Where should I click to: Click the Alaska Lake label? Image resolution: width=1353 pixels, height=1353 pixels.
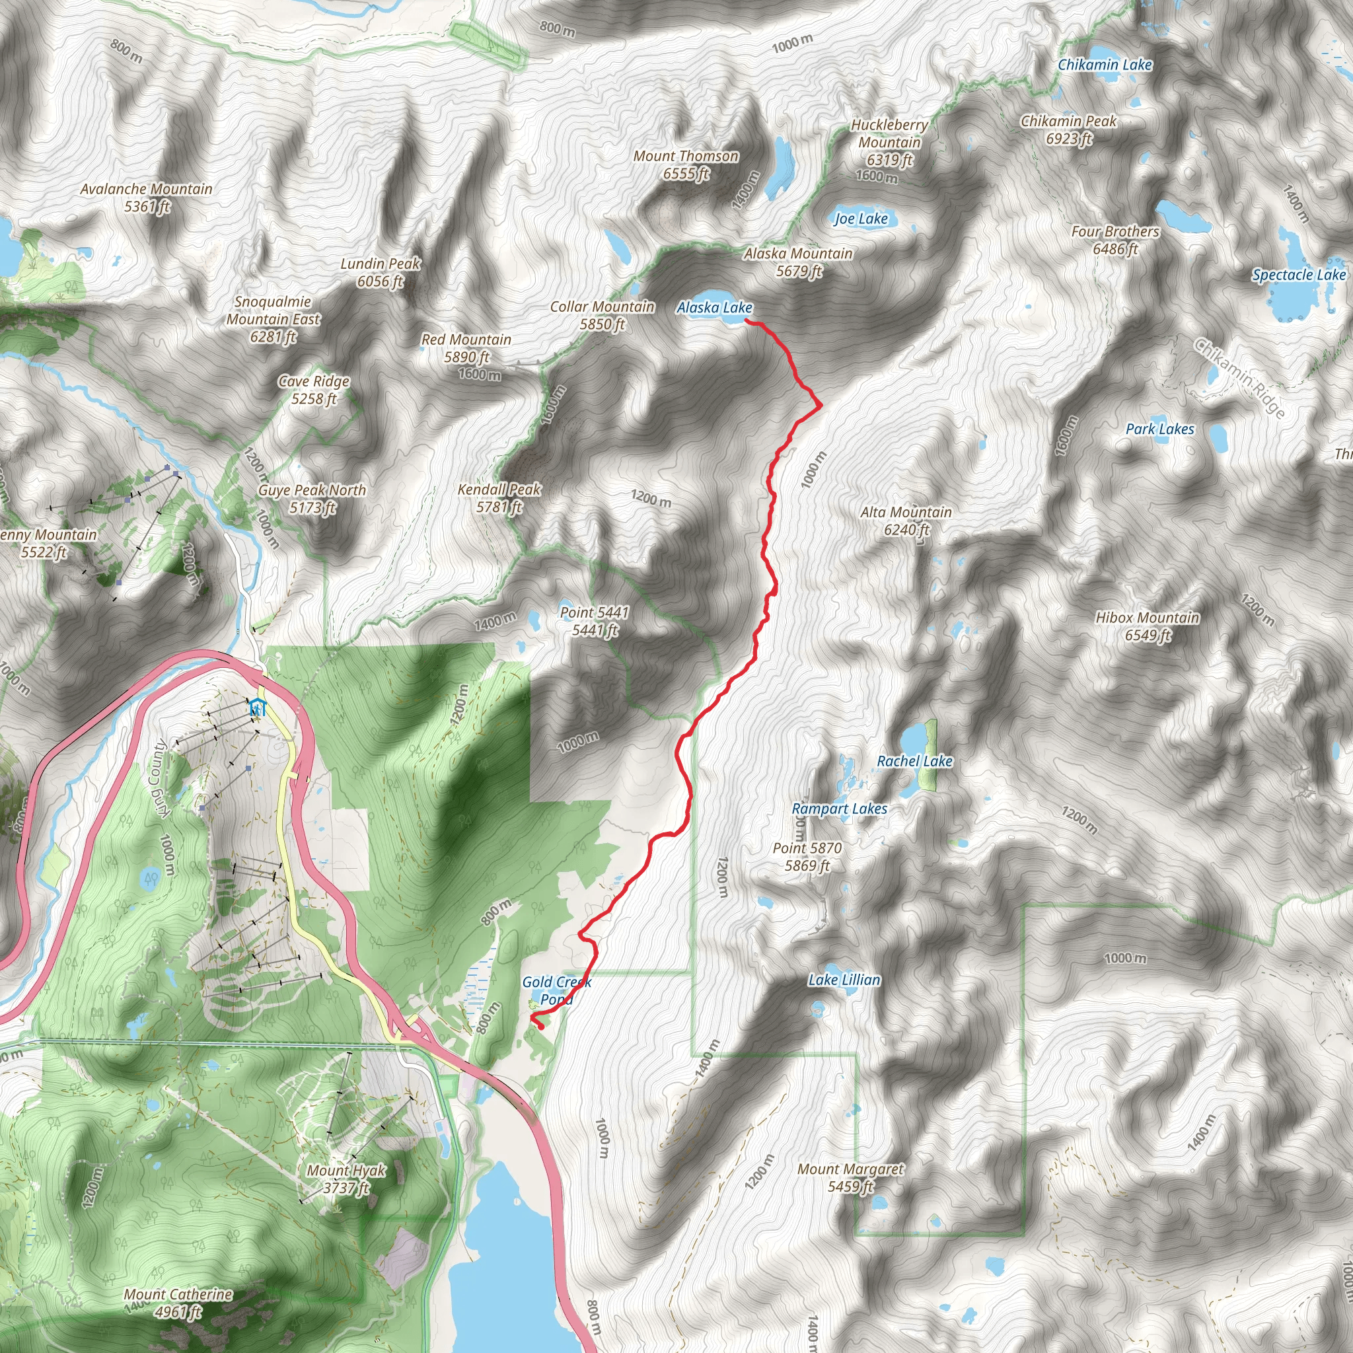click(x=713, y=307)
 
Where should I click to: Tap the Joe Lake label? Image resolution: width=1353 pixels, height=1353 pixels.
click(x=861, y=219)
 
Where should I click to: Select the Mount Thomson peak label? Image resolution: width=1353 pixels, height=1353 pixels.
click(x=686, y=165)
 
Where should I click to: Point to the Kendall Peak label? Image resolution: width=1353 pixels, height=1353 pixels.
click(x=499, y=498)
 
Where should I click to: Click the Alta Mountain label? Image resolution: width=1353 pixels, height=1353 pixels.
click(x=906, y=521)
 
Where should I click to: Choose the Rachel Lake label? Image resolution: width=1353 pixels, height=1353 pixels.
click(x=914, y=761)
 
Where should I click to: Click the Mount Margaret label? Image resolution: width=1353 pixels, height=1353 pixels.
click(x=850, y=1177)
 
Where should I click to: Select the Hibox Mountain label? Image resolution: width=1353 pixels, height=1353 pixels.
click(x=1147, y=626)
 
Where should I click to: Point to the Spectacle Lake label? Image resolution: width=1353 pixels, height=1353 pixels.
click(x=1298, y=275)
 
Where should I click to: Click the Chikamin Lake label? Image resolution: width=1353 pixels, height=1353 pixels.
click(x=1105, y=65)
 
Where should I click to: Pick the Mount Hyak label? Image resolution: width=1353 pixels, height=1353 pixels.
click(x=346, y=1179)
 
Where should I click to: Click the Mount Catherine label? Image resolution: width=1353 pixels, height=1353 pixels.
click(x=178, y=1303)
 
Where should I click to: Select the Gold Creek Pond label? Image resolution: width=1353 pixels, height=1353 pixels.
click(x=556, y=991)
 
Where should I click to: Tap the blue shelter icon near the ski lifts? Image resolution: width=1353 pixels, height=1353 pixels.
click(x=258, y=708)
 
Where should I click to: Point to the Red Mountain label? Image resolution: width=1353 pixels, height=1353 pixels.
click(x=466, y=348)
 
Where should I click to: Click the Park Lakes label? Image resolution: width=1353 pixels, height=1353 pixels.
click(x=1159, y=429)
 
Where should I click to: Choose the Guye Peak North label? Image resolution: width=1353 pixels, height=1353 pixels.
click(x=312, y=499)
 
